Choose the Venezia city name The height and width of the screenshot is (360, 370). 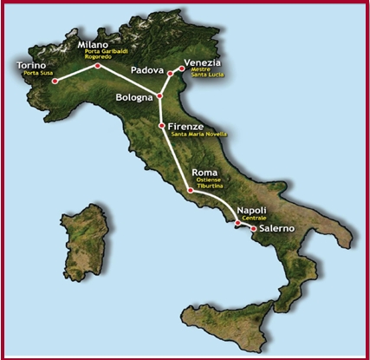[x=202, y=62]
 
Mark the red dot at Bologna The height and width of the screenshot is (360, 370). [x=159, y=95]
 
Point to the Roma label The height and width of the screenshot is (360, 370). [x=204, y=172]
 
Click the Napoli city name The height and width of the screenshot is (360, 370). [x=250, y=211]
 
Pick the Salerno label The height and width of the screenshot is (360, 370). [x=277, y=228]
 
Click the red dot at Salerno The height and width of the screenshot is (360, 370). [x=253, y=229]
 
